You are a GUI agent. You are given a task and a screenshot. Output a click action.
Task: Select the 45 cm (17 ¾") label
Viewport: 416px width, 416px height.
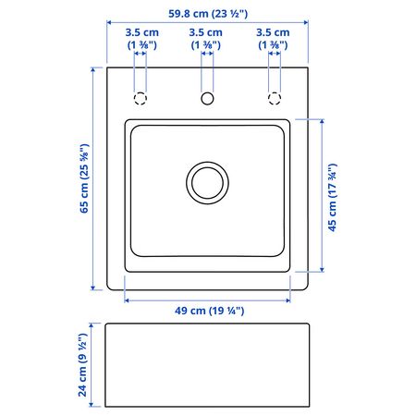pyautogui.click(x=332, y=198)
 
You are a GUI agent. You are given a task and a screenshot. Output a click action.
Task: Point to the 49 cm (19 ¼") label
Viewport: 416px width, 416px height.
pyautogui.click(x=209, y=311)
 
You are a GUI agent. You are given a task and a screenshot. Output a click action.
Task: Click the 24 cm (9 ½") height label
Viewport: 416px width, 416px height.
pyautogui.click(x=82, y=365)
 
